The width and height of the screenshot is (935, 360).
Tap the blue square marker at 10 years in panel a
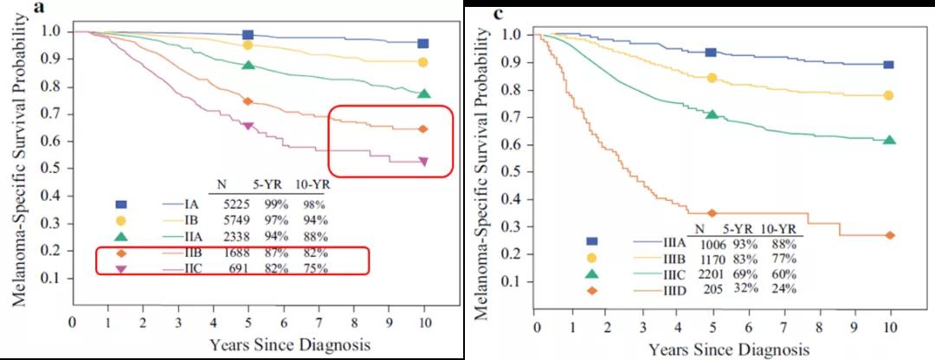click(423, 43)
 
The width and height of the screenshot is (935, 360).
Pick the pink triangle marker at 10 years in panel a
click(423, 161)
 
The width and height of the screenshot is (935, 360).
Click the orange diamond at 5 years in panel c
click(712, 213)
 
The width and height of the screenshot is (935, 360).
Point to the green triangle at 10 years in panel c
click(889, 139)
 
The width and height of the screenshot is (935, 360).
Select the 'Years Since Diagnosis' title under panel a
click(289, 345)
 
